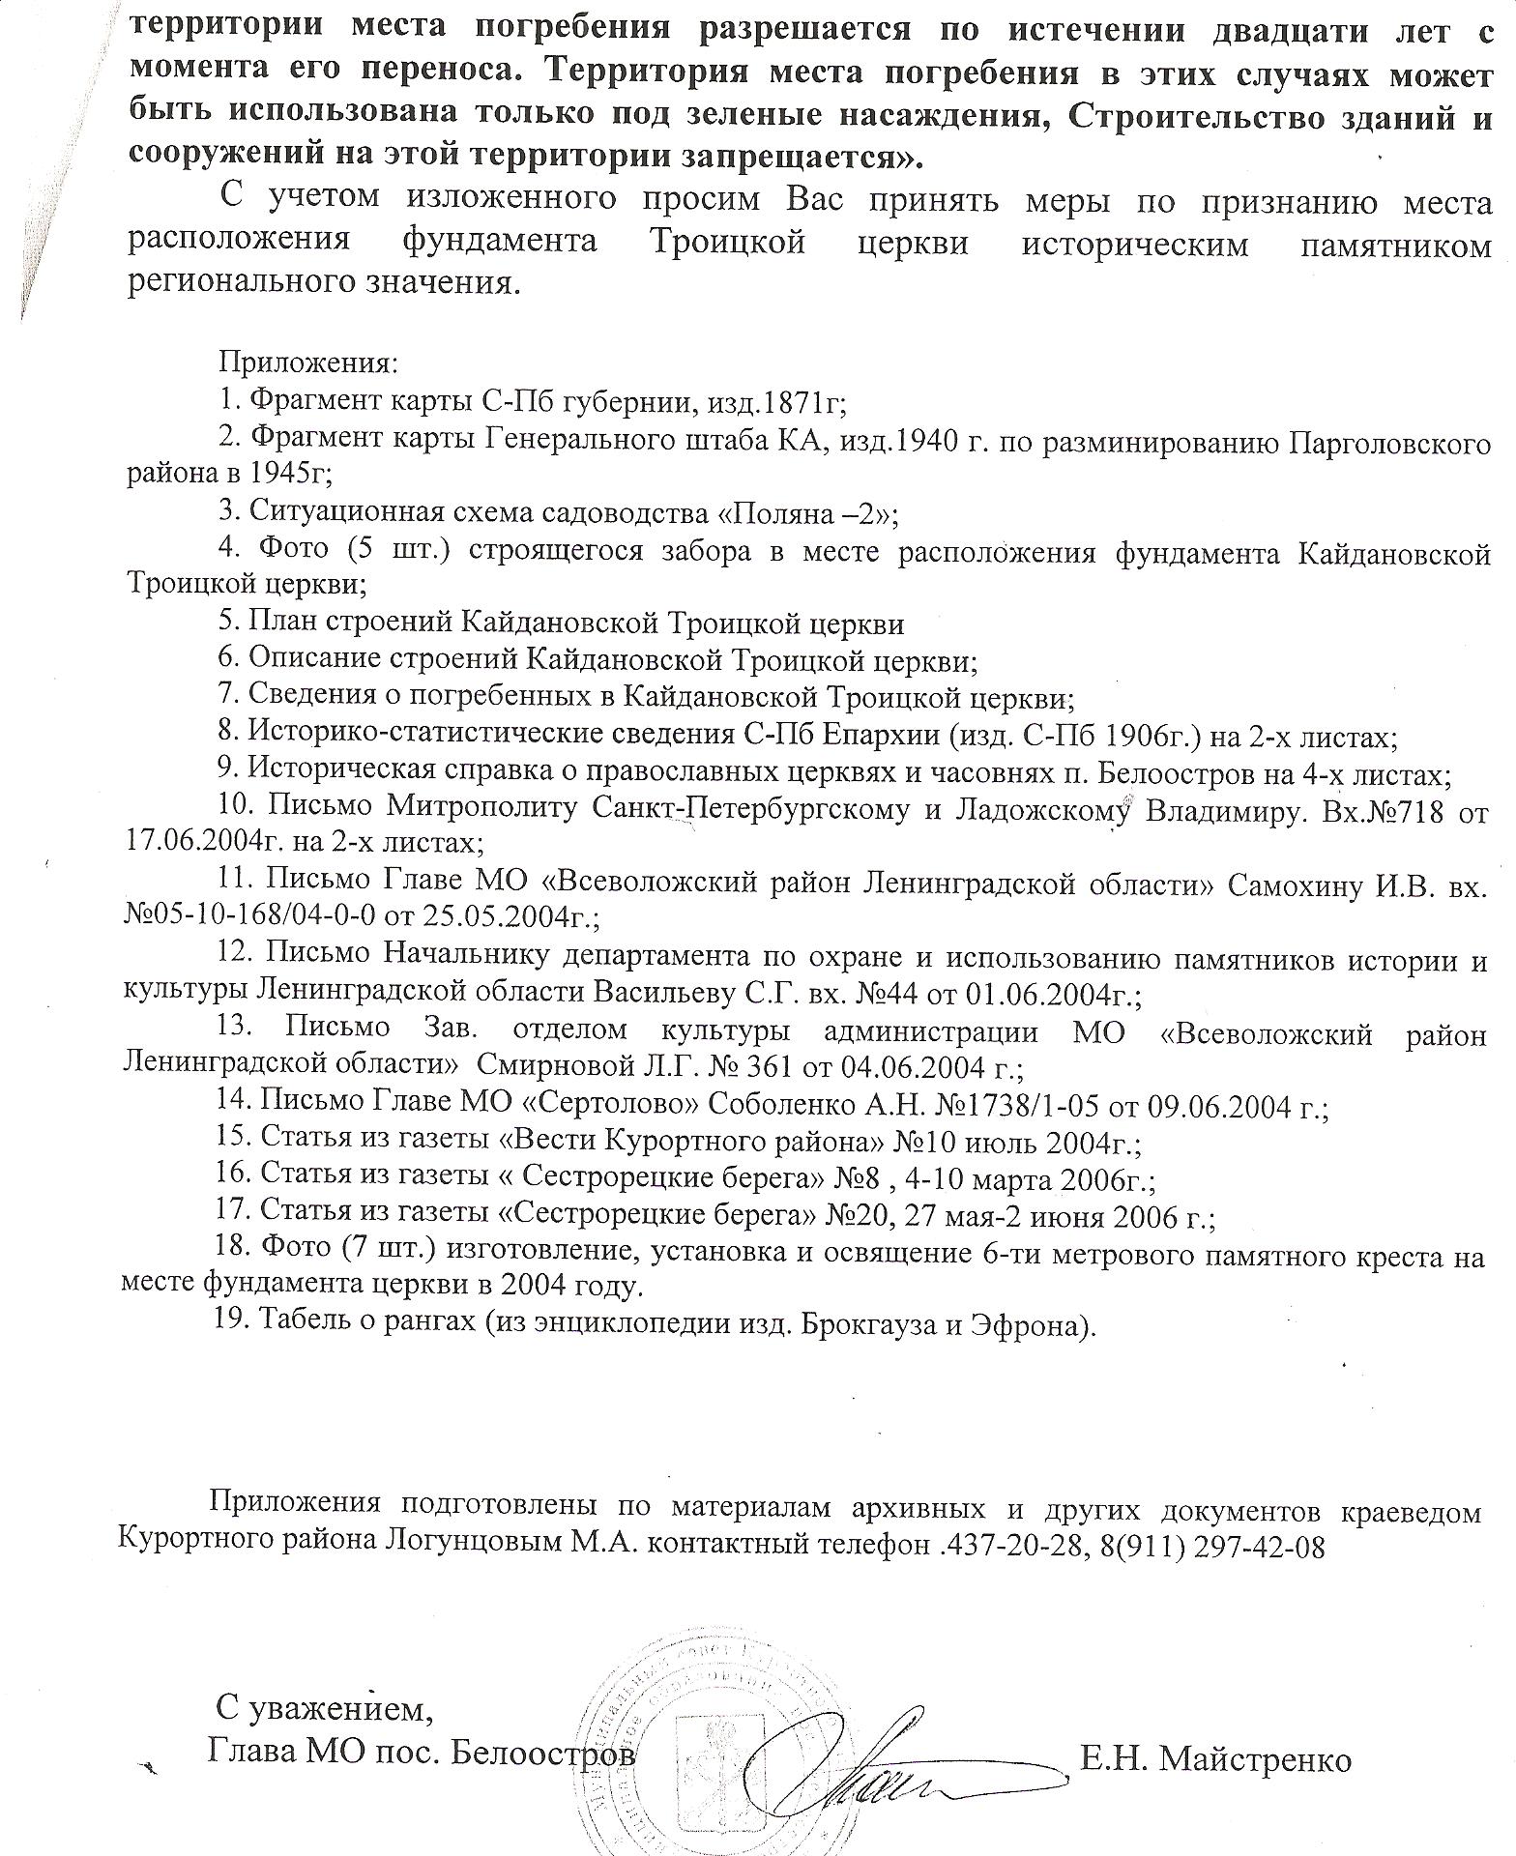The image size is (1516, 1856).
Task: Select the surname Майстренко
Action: point(1254,1760)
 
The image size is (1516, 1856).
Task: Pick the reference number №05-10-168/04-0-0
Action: point(257,914)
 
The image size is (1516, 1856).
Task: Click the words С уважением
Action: point(320,1709)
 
